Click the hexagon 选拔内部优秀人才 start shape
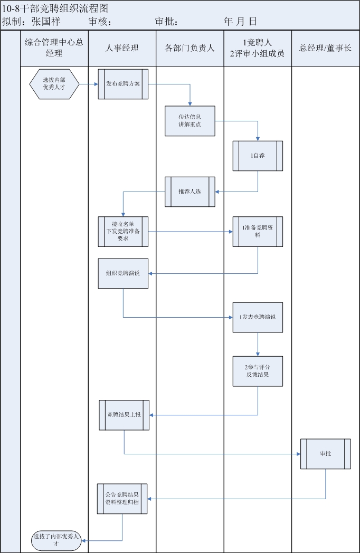pos(54,84)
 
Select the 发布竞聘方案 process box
pos(123,84)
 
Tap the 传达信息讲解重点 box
pos(190,121)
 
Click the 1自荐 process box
pos(258,156)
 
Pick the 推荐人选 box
pos(190,192)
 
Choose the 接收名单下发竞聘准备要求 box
pos(123,231)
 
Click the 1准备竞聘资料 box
pos(258,231)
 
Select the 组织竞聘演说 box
pos(123,273)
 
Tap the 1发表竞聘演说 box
pos(258,317)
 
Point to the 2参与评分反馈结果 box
pos(258,371)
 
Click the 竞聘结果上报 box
pos(124,415)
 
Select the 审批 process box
pos(325,453)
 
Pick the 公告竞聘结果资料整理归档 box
pos(122,499)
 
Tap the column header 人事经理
pos(122,49)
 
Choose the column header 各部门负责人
pos(190,49)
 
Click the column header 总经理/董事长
pos(325,49)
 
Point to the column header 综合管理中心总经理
pos(54,48)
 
